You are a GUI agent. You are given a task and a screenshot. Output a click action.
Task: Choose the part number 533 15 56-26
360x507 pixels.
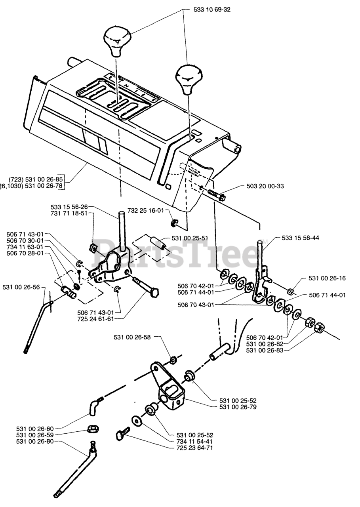click(69, 207)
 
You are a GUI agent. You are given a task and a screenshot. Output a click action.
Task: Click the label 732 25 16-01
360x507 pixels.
click(145, 210)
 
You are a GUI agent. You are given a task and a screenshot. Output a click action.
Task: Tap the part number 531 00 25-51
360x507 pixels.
click(190, 238)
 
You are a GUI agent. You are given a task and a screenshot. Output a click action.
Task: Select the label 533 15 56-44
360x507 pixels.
click(301, 238)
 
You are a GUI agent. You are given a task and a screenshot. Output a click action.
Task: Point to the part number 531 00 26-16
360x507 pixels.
click(327, 278)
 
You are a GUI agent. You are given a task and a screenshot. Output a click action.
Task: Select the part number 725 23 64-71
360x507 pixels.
click(195, 448)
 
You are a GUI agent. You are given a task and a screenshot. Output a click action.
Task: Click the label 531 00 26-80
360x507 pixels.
click(34, 441)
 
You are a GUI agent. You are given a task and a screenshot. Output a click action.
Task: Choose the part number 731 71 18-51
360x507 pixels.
click(69, 213)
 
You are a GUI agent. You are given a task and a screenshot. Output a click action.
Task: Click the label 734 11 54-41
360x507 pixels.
click(195, 441)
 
